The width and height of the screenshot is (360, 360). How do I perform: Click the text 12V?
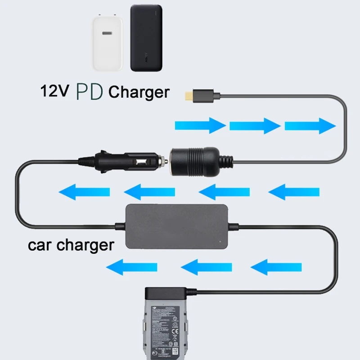click(x=55, y=91)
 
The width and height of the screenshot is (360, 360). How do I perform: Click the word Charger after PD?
click(x=139, y=92)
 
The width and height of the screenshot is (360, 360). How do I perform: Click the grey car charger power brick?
click(x=177, y=226)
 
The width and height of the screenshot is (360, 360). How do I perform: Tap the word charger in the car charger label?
click(x=87, y=246)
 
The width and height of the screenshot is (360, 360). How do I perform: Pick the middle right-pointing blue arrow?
click(x=255, y=125)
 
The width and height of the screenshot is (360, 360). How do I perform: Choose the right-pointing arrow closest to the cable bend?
click(x=310, y=125)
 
